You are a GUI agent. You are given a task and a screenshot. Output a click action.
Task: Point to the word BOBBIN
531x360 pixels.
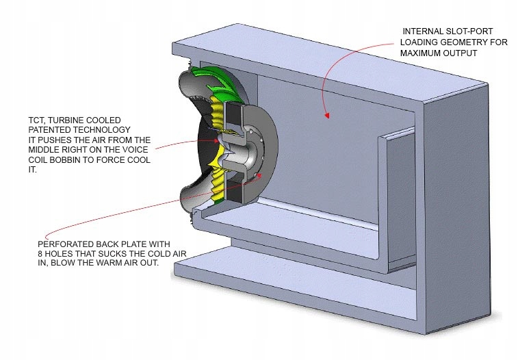(x=64, y=160)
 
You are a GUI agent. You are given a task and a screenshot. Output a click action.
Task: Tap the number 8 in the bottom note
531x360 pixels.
(x=40, y=254)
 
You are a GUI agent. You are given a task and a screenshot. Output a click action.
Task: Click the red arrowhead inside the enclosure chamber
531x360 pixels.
(x=327, y=116)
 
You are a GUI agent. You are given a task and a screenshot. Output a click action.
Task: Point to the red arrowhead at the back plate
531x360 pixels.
(x=259, y=175)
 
